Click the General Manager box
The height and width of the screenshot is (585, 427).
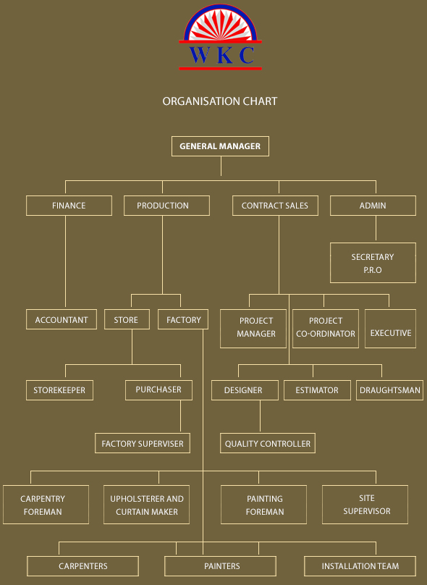[220, 146]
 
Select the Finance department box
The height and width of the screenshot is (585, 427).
[69, 206]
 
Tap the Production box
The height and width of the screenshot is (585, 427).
[166, 206]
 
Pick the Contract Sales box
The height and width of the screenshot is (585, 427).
[275, 206]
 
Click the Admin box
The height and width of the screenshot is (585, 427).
[373, 206]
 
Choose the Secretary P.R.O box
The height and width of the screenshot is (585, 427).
[373, 263]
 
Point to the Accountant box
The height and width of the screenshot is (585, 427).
[62, 319]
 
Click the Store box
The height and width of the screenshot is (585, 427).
[127, 319]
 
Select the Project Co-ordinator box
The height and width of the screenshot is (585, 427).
[326, 329]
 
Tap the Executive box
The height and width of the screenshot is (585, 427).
[391, 329]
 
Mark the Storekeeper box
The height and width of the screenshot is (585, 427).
[59, 390]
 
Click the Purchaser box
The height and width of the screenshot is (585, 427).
[159, 390]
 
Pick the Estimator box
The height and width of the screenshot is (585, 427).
[318, 390]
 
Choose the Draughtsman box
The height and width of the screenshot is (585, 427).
[389, 390]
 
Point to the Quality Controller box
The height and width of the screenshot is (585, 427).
[268, 443]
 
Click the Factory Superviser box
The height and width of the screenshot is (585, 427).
[143, 443]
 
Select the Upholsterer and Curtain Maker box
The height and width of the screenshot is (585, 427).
[147, 505]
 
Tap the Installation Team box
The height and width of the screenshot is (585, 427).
[360, 566]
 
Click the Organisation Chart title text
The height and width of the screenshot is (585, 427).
[220, 101]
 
